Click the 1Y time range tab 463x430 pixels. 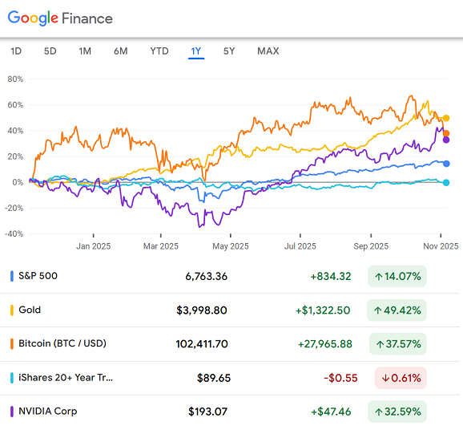(195, 51)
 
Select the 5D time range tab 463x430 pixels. (50, 51)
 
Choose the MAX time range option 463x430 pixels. (268, 51)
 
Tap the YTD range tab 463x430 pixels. (159, 51)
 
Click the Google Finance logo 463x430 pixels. (61, 18)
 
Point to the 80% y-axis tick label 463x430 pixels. (14, 79)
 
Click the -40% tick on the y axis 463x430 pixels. (13, 233)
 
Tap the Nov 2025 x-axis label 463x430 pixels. (440, 246)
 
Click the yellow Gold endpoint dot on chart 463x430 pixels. (446, 119)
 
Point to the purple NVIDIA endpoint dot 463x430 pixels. (446, 140)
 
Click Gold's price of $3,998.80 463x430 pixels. (201, 310)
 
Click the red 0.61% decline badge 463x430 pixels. (401, 378)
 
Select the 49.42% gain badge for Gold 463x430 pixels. (397, 310)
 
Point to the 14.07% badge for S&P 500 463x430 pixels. (397, 277)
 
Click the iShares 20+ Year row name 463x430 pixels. (66, 377)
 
